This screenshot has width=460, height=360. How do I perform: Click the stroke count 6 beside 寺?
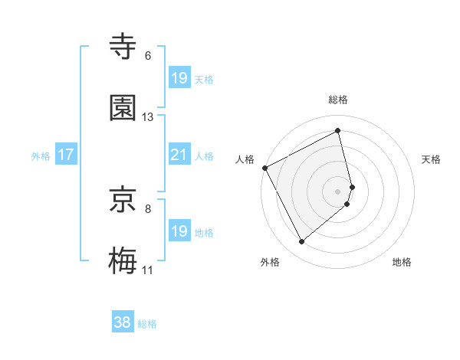[x=148, y=56]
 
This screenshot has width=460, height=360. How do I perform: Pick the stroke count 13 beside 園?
[x=148, y=117]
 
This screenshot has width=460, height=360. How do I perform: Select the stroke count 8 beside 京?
[x=148, y=208]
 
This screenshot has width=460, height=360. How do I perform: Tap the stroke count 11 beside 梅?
[x=148, y=270]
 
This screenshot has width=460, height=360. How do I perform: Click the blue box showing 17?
[x=66, y=155]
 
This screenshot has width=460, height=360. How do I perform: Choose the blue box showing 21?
[x=179, y=155]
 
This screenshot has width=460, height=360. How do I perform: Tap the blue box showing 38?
[x=123, y=322]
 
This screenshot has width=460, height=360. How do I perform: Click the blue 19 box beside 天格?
[x=179, y=78]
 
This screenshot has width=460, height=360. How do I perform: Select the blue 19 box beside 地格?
[x=179, y=231]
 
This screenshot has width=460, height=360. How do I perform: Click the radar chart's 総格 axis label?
[x=338, y=100]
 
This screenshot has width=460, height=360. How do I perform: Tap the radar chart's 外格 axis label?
[x=270, y=262]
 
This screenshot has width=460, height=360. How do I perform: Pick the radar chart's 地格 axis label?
[x=402, y=262]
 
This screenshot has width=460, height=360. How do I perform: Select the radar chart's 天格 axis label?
[x=432, y=159]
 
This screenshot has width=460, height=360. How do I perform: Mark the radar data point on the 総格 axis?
[x=338, y=131]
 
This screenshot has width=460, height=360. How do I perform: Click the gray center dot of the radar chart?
[x=338, y=190]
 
